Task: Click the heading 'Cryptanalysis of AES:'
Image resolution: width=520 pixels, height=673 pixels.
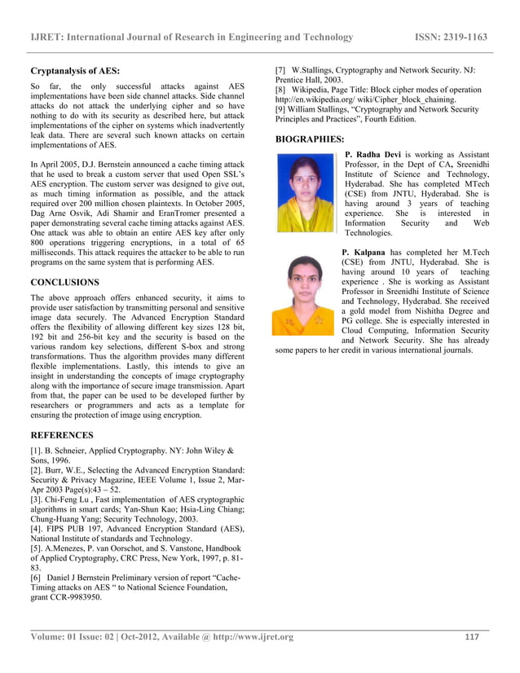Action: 76,70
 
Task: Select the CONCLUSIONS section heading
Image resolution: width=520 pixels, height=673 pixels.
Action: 64,282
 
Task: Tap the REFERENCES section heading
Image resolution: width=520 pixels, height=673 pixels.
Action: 62,435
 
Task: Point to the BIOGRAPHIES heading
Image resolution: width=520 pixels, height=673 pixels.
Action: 310,139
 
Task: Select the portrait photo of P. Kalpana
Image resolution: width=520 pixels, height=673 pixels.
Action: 303,294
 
